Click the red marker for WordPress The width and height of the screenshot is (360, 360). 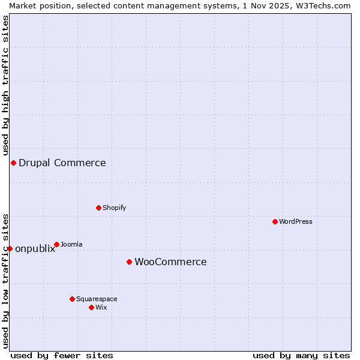tap(275, 221)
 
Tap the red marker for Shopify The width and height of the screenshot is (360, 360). tap(98, 208)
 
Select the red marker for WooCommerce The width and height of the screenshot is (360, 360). tap(129, 262)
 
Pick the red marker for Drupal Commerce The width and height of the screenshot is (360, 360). tap(13, 163)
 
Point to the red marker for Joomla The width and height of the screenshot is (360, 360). tap(56, 244)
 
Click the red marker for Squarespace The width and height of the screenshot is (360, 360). tap(72, 299)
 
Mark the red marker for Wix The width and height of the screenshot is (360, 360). tap(91, 307)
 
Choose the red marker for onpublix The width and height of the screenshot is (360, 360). tap(10, 248)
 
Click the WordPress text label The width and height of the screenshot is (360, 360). tap(296, 221)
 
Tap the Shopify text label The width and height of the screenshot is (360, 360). tap(115, 208)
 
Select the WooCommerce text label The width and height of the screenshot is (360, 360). tap(170, 262)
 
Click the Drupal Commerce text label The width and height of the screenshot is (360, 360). tap(62, 163)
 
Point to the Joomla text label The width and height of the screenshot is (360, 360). tap(71, 244)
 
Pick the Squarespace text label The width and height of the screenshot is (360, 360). tap(97, 299)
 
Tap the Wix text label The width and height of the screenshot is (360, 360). tap(101, 307)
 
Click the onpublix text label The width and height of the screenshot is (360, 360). tap(35, 249)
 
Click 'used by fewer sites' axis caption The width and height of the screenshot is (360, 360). tap(62, 355)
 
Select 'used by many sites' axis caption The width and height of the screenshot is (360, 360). tap(301, 355)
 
